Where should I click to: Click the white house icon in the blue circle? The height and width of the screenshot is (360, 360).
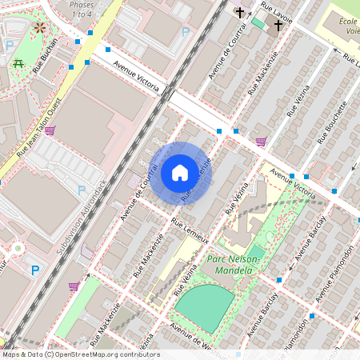(x=180, y=172)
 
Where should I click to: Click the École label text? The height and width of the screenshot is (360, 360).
(x=347, y=22)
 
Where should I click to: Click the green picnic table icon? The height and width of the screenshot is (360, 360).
(x=18, y=62)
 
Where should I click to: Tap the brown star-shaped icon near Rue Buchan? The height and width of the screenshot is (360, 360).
(x=40, y=28)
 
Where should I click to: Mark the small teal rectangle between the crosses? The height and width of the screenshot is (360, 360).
(x=258, y=22)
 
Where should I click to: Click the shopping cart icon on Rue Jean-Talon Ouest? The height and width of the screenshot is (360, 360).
(x=50, y=130)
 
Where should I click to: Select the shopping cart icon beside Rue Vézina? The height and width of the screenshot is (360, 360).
(x=261, y=142)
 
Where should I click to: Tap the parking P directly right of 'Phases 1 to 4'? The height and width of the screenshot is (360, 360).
(x=186, y=33)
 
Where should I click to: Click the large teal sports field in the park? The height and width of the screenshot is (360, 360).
(x=205, y=308)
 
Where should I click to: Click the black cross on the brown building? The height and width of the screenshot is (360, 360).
(x=240, y=13)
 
